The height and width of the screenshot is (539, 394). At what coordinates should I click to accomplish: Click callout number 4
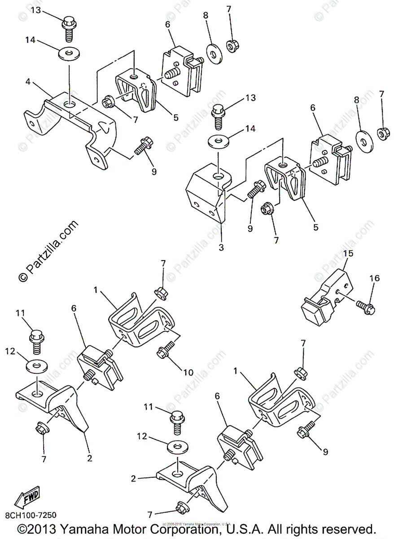point(28,82)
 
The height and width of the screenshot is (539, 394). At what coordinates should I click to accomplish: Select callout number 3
point(221,247)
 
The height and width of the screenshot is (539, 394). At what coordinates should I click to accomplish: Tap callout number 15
point(348,253)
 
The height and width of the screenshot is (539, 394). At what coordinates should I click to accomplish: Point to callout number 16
point(374,278)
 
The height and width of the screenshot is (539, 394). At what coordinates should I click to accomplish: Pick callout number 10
point(188,372)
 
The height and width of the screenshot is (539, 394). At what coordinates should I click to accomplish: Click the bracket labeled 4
point(72,126)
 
